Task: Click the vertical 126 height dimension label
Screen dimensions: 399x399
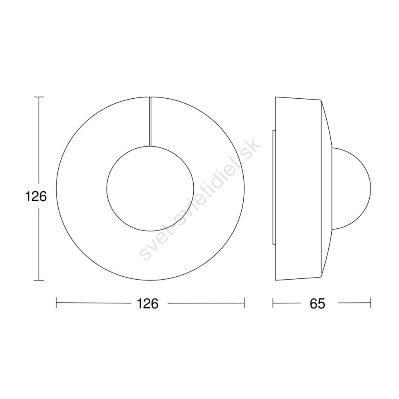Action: [36, 197]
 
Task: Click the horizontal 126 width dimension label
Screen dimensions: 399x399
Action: [147, 303]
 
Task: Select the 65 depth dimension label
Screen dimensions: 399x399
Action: [318, 303]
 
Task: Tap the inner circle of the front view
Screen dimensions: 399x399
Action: [107, 189]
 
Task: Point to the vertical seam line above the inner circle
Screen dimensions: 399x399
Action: [150, 121]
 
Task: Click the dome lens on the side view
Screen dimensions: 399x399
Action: [370, 189]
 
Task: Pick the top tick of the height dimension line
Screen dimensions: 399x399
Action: [39, 97]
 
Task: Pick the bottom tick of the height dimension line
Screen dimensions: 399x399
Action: [39, 280]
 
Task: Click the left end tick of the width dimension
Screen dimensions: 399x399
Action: [56, 303]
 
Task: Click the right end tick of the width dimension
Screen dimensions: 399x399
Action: [244, 303]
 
